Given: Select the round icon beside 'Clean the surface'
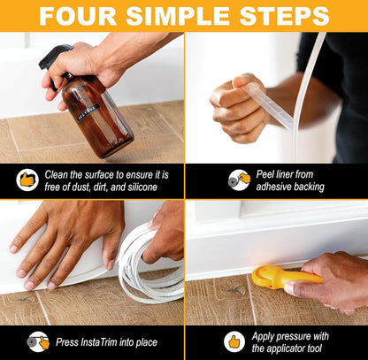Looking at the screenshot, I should pyautogui.click(x=28, y=180).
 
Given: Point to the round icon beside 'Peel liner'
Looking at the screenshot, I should pyautogui.click(x=239, y=180).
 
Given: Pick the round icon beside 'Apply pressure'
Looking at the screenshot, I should pyautogui.click(x=234, y=341).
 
